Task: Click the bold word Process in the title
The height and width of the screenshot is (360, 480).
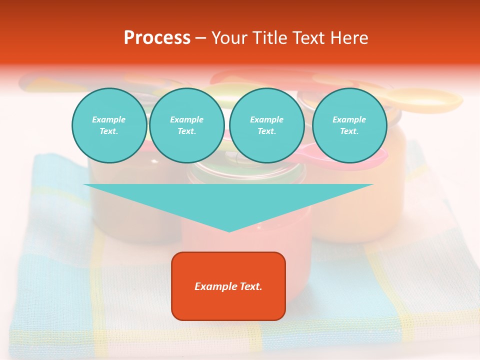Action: (157, 38)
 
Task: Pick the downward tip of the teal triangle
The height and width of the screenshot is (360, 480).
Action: (229, 230)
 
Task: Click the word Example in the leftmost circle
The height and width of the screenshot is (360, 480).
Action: (109, 119)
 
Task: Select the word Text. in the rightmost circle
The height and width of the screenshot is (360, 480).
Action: (349, 131)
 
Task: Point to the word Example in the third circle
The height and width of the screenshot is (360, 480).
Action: (266, 119)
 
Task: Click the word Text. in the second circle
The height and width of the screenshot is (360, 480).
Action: (186, 131)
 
